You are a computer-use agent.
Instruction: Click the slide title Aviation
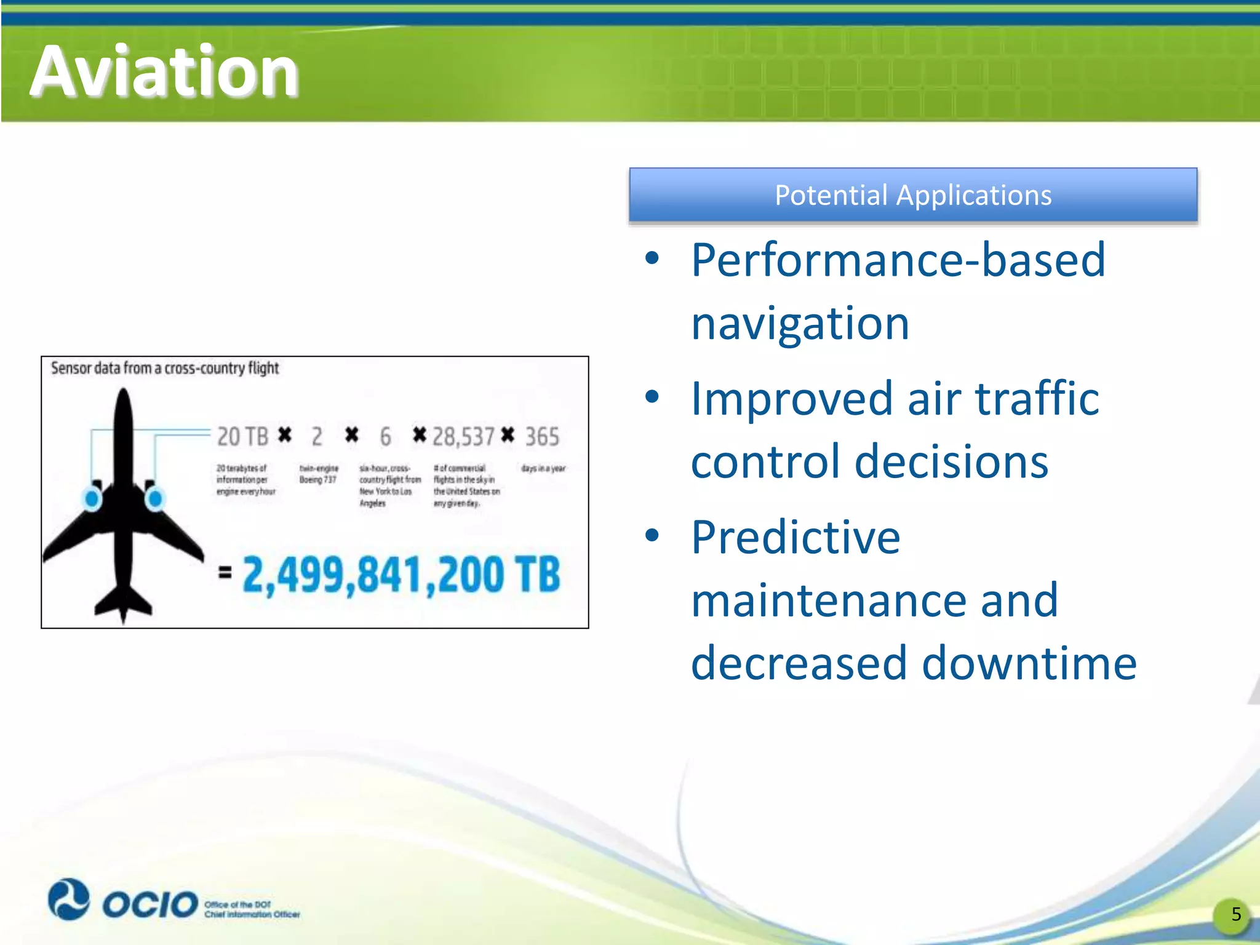pyautogui.click(x=164, y=72)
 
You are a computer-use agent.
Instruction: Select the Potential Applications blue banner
pyautogui.click(x=912, y=195)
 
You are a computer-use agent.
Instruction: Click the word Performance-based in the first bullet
pyautogui.click(x=898, y=260)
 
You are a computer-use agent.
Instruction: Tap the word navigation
pyautogui.click(x=800, y=324)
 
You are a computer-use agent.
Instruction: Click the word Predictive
pyautogui.click(x=795, y=538)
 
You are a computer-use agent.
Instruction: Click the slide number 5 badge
pyautogui.click(x=1235, y=914)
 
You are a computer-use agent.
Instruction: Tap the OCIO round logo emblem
pyautogui.click(x=69, y=899)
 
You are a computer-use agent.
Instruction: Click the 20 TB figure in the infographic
pyautogui.click(x=242, y=437)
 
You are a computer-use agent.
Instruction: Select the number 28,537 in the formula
pyautogui.click(x=463, y=437)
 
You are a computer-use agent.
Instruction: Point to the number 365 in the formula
pyautogui.click(x=542, y=437)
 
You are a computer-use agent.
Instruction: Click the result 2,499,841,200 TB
pyautogui.click(x=401, y=575)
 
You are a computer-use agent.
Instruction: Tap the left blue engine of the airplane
pyautogui.click(x=92, y=498)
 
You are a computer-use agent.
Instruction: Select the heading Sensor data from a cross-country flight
pyautogui.click(x=165, y=369)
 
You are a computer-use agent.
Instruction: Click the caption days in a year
pyautogui.click(x=543, y=469)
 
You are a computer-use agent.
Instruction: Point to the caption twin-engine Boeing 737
pyautogui.click(x=318, y=474)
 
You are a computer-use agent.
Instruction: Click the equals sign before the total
pyautogui.click(x=225, y=573)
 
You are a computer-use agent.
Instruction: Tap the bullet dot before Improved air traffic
pyautogui.click(x=652, y=397)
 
